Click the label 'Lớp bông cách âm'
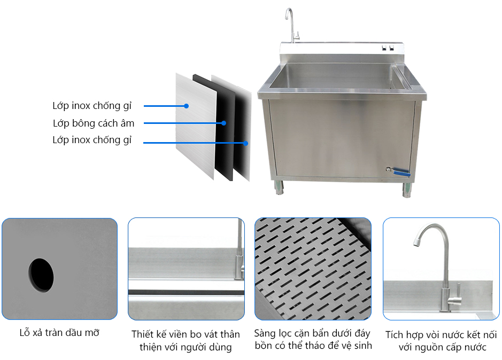[x=94, y=123]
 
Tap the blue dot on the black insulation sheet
[x=224, y=123]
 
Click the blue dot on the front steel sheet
[x=187, y=106]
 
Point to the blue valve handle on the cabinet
[x=400, y=172]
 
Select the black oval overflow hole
[x=41, y=275]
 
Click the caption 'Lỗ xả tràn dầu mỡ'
[x=59, y=332]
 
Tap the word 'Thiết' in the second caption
[x=143, y=334]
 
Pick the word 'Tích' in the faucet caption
[x=395, y=335]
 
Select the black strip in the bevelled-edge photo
[x=187, y=293]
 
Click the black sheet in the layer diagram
[x=215, y=128]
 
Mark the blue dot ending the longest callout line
[x=245, y=143]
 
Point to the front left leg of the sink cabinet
[x=279, y=187]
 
